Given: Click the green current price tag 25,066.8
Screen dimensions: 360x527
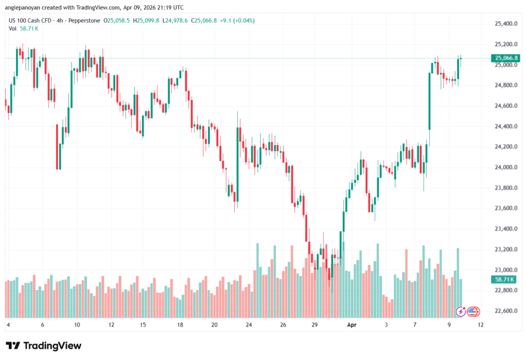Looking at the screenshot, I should (x=505, y=58).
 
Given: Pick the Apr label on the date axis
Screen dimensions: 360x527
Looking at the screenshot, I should (x=352, y=325).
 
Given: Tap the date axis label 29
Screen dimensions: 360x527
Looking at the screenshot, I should (x=315, y=325).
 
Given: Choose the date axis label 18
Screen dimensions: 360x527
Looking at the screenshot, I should (x=180, y=325).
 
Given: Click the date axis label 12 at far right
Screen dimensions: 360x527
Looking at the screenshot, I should (x=481, y=325).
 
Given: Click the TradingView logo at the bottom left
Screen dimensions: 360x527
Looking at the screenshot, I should (x=43, y=346).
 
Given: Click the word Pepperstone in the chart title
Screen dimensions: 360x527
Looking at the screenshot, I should (x=84, y=21).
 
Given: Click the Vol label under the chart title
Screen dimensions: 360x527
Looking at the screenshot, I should (x=13, y=28).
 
